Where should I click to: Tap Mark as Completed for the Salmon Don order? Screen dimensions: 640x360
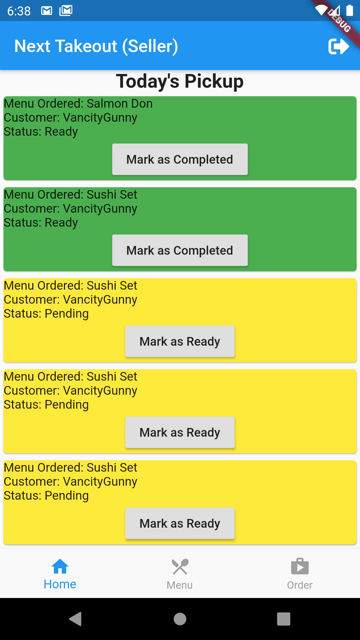[x=180, y=159]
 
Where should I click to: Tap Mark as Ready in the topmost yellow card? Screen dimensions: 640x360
[x=180, y=341]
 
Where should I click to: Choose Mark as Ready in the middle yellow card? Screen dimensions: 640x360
[x=180, y=432]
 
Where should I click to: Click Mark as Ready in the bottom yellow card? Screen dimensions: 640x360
[x=180, y=523]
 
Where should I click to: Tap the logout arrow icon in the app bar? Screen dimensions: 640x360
[x=338, y=46]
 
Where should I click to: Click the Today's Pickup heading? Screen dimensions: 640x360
[x=180, y=81]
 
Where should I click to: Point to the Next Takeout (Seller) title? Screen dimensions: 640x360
[x=96, y=46]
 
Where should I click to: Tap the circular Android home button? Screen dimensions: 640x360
[x=180, y=619]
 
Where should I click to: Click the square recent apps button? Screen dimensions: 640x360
[x=283, y=619]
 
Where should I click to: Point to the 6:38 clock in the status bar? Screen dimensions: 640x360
[x=19, y=11]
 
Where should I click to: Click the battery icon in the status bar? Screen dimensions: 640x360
[x=349, y=10]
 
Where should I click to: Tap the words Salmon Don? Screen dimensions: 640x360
[x=119, y=104]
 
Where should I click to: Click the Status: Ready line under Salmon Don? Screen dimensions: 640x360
[x=41, y=132]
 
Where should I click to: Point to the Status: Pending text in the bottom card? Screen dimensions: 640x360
[x=46, y=496]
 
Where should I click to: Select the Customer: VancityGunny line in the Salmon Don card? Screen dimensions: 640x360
[x=70, y=118]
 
